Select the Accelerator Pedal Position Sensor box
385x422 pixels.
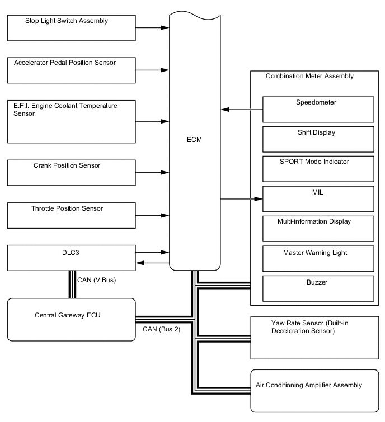click(72, 70)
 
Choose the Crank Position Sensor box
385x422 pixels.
click(72, 173)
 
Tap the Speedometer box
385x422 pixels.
click(318, 109)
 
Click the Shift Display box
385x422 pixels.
click(318, 139)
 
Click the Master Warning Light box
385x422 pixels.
click(318, 259)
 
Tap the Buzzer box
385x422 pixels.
click(318, 288)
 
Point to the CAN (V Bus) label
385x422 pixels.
click(97, 279)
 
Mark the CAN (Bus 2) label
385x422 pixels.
click(161, 329)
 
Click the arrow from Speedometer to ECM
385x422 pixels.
click(242, 109)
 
